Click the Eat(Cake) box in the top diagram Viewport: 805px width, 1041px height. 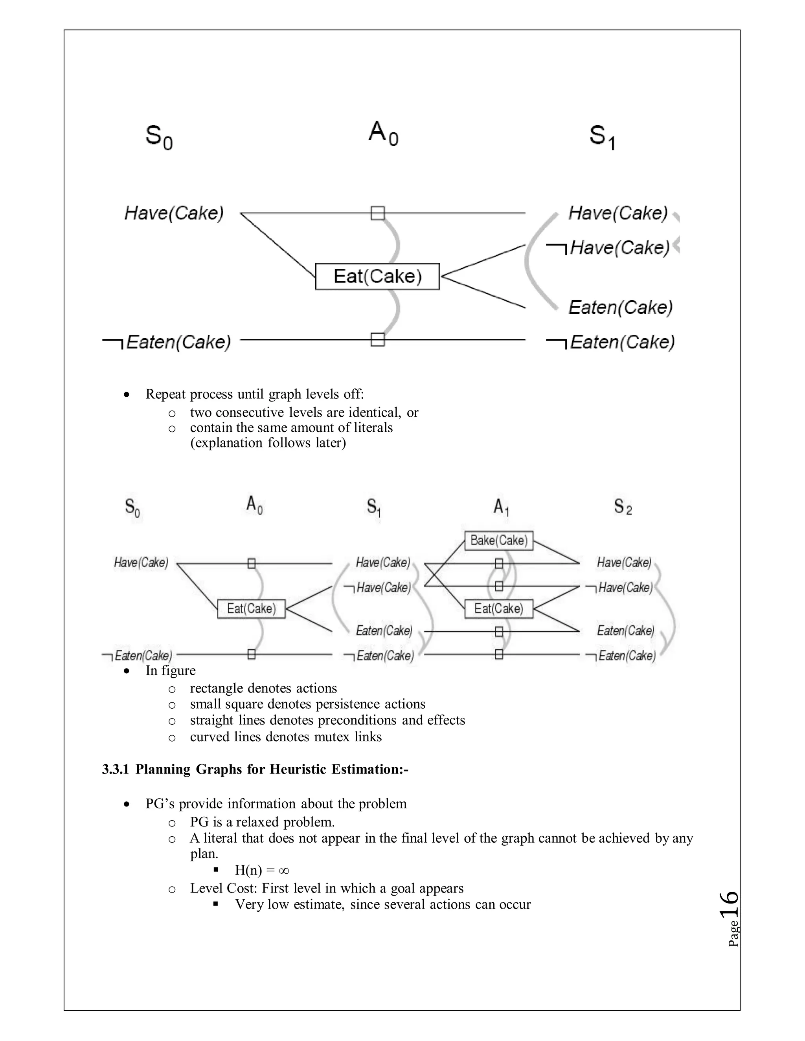point(377,276)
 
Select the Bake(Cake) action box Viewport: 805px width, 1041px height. point(499,541)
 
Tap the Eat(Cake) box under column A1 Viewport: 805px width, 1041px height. point(499,608)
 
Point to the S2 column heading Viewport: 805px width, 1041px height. point(623,507)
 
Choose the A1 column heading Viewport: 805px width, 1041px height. point(501,507)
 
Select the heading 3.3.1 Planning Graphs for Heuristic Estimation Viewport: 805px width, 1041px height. point(255,769)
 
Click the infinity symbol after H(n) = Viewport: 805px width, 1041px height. point(283,871)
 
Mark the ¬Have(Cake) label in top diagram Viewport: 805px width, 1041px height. point(608,248)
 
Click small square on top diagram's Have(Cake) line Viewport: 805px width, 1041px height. point(377,213)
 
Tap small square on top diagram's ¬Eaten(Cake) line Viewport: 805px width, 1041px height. point(377,339)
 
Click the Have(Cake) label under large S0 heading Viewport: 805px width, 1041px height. point(174,213)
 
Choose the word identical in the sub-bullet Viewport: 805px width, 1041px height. point(375,412)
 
